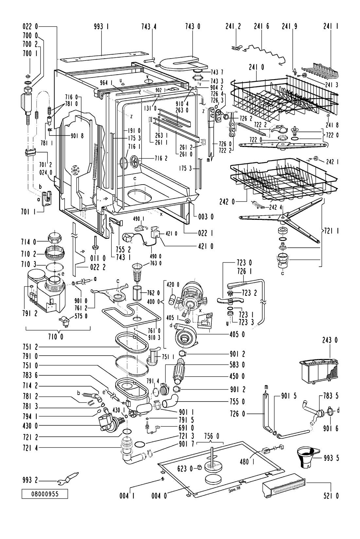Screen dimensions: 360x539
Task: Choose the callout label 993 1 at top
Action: [101, 27]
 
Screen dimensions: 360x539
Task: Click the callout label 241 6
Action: [262, 27]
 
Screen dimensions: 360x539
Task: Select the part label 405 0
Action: [237, 334]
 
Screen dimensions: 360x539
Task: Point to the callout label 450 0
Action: [237, 376]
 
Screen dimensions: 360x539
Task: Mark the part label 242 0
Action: [227, 202]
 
